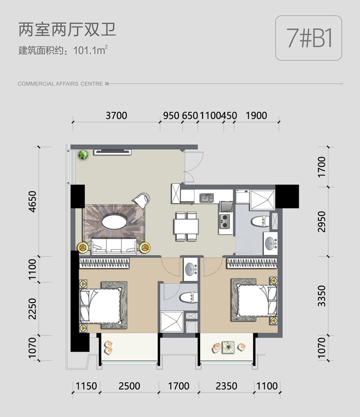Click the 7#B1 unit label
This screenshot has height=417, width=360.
(309, 38)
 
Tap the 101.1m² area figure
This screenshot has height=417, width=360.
(91, 50)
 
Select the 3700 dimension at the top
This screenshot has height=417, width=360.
(116, 115)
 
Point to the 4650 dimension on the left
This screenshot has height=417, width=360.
(32, 201)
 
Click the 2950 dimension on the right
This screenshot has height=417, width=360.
(321, 221)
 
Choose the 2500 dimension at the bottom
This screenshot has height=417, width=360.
(130, 386)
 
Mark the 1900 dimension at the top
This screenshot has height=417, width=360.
(256, 115)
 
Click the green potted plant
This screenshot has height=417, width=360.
(83, 155)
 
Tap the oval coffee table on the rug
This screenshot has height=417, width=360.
(114, 221)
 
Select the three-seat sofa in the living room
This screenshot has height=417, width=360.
(114, 247)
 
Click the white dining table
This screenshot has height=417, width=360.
(186, 226)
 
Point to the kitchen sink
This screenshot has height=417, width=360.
(207, 198)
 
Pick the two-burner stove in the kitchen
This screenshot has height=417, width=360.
(225, 221)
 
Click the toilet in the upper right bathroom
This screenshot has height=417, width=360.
(260, 221)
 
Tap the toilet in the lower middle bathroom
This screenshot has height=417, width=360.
(189, 297)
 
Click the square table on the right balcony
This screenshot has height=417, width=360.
(228, 347)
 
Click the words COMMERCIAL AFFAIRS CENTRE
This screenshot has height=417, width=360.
(60, 84)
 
